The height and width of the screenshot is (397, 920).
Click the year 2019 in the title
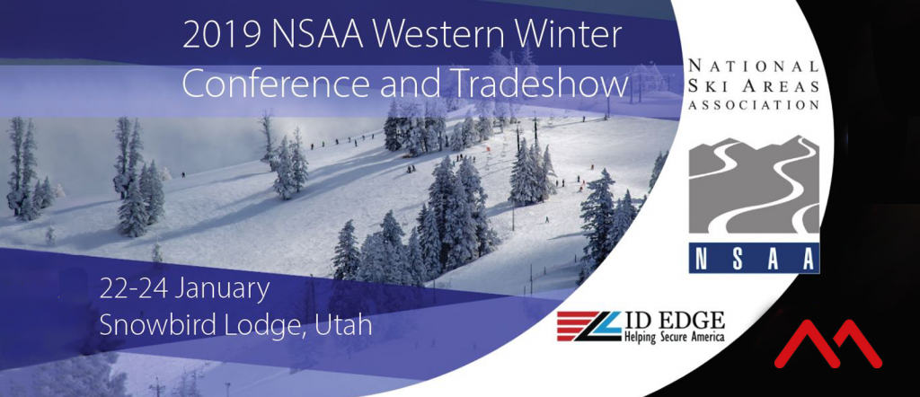(222, 37)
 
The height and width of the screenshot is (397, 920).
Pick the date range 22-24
(134, 289)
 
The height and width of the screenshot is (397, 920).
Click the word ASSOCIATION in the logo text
(754, 105)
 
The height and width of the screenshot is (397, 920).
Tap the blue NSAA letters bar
(754, 258)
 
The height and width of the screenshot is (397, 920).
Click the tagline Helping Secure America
(674, 337)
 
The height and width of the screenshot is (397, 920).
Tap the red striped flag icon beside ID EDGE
(588, 326)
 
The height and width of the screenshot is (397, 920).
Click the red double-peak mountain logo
(827, 344)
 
